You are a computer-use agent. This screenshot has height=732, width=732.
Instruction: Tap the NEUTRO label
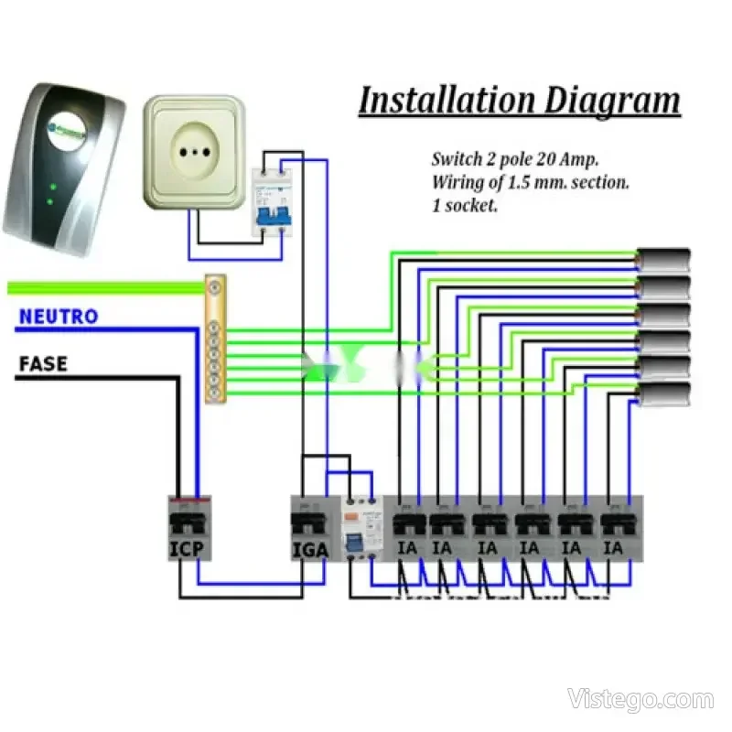coord(58,318)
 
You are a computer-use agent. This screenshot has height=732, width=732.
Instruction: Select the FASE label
coord(43,364)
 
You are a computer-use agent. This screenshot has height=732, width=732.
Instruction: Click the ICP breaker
coord(191,528)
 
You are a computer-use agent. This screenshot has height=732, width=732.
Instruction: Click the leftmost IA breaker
coord(407,531)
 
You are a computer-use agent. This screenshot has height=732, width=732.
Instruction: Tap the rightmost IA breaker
coord(616,531)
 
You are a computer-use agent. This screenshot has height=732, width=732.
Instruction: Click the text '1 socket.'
coord(465,206)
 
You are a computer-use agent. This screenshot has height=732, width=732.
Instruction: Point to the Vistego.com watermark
coord(640,700)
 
